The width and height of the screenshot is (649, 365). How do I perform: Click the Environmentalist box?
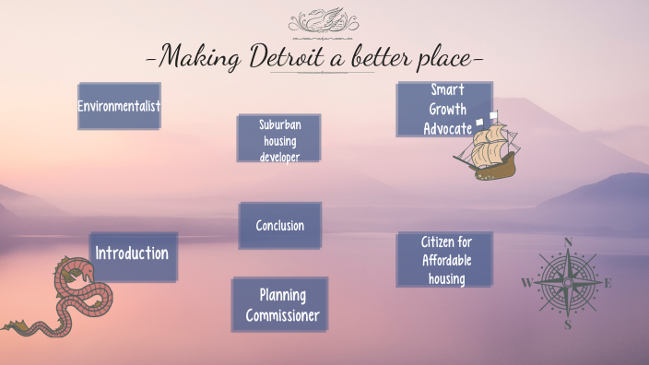119,106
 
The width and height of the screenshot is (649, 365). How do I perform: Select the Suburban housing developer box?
279,138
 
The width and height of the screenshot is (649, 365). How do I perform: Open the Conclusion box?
279,226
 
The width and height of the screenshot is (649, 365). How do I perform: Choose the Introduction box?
132,253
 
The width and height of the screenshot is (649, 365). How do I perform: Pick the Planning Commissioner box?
281,305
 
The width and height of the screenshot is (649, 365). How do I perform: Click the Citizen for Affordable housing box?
445,259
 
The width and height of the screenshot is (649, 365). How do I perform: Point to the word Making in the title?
199,57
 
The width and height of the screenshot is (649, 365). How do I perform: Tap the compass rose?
568,283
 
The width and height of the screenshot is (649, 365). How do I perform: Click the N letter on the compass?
568,243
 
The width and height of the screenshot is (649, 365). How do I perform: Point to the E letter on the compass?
608,283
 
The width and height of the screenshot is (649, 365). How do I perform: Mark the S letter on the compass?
568,324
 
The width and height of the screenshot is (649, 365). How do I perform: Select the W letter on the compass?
527,283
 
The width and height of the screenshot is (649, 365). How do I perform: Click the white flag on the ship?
494,117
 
